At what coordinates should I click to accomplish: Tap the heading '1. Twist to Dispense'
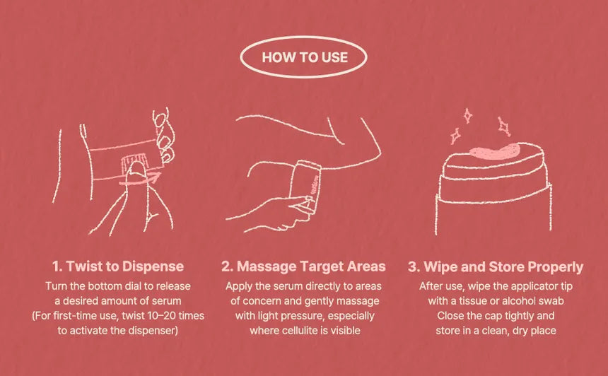click(x=118, y=266)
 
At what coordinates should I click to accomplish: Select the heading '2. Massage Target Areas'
click(x=303, y=266)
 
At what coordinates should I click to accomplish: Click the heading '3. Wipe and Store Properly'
click(x=496, y=266)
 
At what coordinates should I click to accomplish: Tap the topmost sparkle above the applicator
click(x=467, y=116)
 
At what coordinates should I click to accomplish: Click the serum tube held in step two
click(x=305, y=187)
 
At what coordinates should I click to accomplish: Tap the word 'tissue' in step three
click(x=474, y=301)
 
